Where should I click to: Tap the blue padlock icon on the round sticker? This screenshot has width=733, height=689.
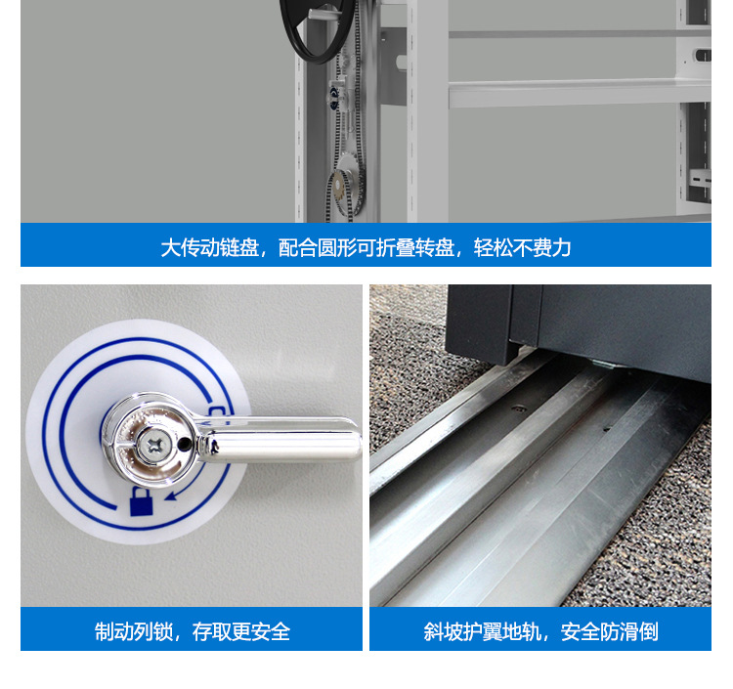click(x=141, y=501)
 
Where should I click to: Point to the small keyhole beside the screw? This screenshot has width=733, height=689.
click(x=185, y=444)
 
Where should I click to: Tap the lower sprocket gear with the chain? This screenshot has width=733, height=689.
click(x=345, y=193)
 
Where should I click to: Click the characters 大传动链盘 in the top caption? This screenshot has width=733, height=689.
click(x=210, y=247)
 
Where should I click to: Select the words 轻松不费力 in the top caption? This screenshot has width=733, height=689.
click(x=523, y=247)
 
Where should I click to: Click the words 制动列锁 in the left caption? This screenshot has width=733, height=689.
click(x=133, y=631)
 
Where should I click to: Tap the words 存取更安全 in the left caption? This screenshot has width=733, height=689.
click(x=241, y=631)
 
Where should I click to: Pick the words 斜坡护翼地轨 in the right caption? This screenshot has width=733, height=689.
click(x=483, y=631)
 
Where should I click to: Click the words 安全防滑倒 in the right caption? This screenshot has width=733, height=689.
click(x=610, y=631)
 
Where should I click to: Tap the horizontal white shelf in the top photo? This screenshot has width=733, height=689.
click(x=580, y=94)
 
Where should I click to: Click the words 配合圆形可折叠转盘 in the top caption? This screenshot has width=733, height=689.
click(x=366, y=247)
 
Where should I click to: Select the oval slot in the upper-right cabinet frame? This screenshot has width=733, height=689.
click(x=704, y=55)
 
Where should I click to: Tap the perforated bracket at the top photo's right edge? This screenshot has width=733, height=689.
click(x=701, y=178)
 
